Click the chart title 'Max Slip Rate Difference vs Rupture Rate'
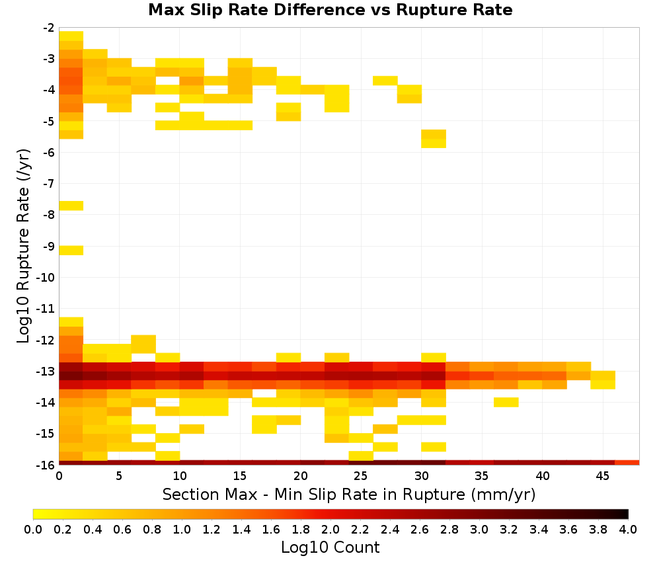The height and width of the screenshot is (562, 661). point(330,10)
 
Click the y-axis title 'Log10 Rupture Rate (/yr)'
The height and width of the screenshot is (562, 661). point(23,246)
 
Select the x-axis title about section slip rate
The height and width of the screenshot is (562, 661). point(348,495)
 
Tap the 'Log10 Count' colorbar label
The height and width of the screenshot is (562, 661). point(330,547)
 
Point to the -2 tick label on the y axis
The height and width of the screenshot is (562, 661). point(48,28)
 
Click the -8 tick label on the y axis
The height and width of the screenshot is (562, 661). point(48,215)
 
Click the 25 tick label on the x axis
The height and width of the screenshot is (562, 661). point(360,476)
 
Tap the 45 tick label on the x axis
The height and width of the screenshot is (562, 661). point(602,476)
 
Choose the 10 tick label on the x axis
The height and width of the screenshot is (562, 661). point(180,476)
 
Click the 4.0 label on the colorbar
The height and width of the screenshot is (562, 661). point(628,529)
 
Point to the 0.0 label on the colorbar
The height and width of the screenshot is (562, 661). point(33,529)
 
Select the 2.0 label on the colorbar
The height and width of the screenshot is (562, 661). point(330,529)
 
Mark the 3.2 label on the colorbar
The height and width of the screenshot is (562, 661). point(509,529)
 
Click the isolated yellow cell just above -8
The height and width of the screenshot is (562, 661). point(71,206)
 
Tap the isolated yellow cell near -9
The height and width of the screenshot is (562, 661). point(71,250)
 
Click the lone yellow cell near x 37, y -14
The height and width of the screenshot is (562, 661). point(506,402)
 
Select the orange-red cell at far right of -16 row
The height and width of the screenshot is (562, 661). point(627,463)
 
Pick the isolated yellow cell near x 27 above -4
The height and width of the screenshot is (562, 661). point(385,81)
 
